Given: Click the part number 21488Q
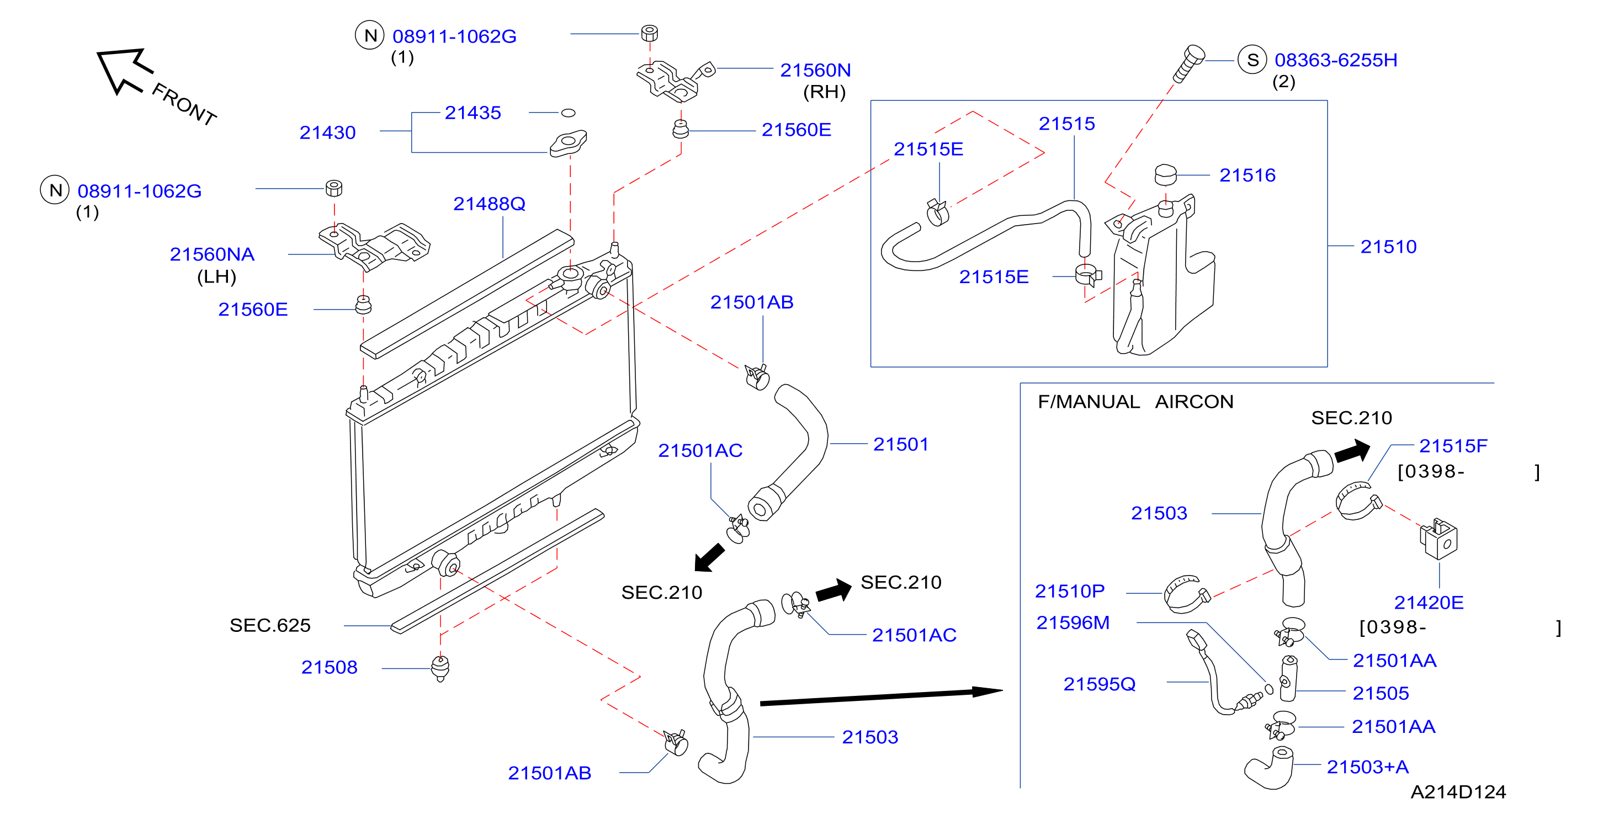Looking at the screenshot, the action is pos(490,204).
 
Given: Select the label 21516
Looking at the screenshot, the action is pos(1247,175).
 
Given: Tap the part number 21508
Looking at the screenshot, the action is pos(329,667).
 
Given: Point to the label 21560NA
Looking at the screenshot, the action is pos(212,254).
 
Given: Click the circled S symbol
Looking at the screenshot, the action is pos(1252,60).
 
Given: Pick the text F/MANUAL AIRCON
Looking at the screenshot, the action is pos(1135,401).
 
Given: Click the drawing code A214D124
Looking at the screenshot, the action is pos(1458,792).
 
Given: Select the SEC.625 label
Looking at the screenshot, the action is pos(270,625).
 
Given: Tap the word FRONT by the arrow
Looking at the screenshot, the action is pos(184,104).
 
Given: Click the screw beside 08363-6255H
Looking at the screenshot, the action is pos(1188,64).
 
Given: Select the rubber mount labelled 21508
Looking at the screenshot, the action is pos(440,668).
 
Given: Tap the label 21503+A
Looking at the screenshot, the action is pos(1368,767).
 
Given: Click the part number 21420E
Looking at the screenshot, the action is pos(1429,602).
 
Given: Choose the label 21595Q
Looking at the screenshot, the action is pos(1099,684).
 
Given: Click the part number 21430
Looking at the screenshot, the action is pos(327,132).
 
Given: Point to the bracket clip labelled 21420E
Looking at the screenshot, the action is pos(1438,538).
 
